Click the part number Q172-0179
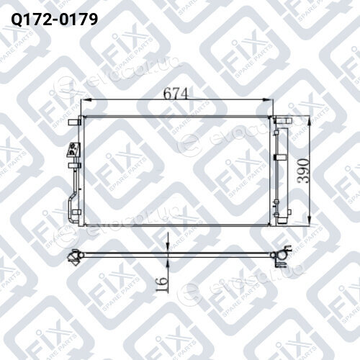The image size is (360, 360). click(55, 19)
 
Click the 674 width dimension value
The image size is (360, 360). click(176, 94)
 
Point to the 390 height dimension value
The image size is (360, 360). click(303, 171)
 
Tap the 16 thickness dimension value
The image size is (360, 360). click(161, 284)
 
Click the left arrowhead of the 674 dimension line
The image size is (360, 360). click(85, 100)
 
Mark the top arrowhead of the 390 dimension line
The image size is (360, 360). click(310, 121)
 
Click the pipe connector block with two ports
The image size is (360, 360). click(73, 150)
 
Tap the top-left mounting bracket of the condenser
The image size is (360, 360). click(74, 122)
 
